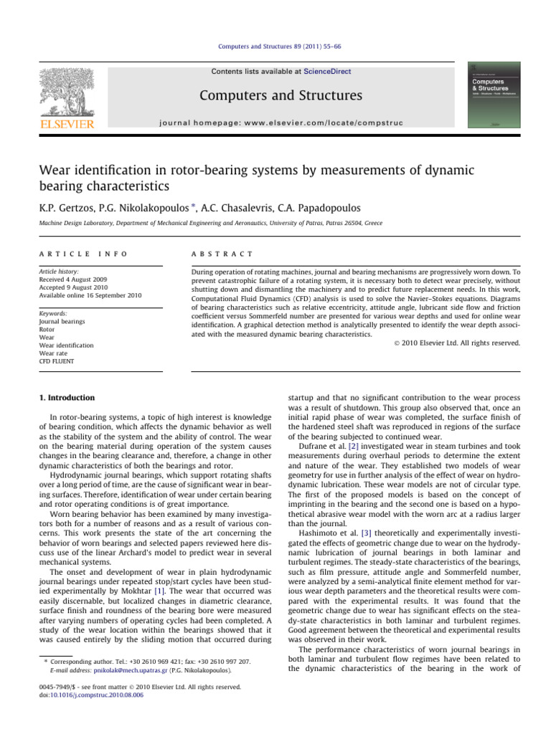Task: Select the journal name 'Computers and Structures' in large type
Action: pos(281,95)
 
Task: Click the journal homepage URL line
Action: pos(281,123)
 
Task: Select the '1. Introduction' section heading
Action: pos(64,396)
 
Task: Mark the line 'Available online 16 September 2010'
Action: pos(94,295)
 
